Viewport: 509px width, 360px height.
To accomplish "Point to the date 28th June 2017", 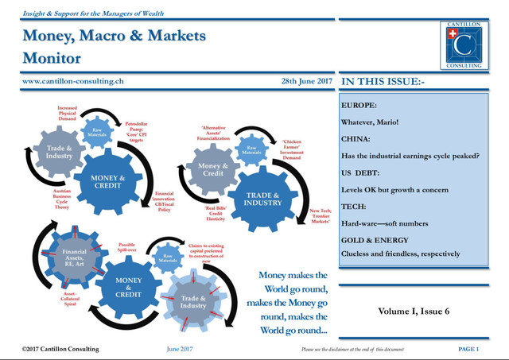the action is click(306, 81).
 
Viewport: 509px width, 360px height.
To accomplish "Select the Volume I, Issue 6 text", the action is click(413, 311).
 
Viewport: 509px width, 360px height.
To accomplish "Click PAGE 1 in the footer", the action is click(468, 349).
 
